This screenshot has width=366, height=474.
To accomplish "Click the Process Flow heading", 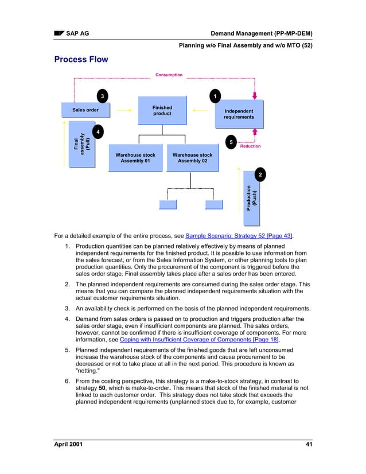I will pyautogui.click(x=81, y=60).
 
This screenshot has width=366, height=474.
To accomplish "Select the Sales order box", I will pyautogui.click(x=85, y=110).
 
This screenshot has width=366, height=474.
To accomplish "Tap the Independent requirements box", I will pyautogui.click(x=239, y=114).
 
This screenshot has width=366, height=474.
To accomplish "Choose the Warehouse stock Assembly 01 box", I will pyautogui.click(x=135, y=158).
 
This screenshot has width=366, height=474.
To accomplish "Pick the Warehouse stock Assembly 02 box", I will pyautogui.click(x=192, y=158).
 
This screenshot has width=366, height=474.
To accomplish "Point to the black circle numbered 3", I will pyautogui.click(x=102, y=95).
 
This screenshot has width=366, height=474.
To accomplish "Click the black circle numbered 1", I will pyautogui.click(x=215, y=95).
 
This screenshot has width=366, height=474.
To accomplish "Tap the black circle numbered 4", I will pyautogui.click(x=99, y=133).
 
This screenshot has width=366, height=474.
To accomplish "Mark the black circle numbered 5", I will pyautogui.click(x=230, y=142).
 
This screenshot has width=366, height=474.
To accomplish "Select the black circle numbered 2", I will pyautogui.click(x=260, y=174).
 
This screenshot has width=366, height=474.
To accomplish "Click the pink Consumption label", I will pyautogui.click(x=169, y=75).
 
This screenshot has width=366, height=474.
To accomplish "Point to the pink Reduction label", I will pyautogui.click(x=250, y=146).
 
